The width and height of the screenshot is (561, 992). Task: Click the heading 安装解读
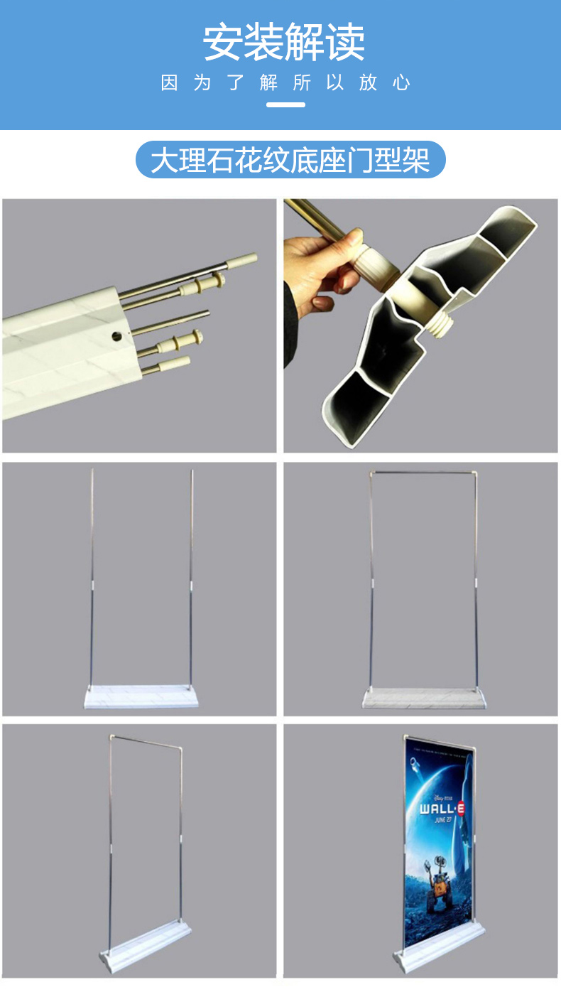(x=284, y=43)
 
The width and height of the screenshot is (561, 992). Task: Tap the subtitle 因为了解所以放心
(x=285, y=83)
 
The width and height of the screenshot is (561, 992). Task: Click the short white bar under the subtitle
(x=285, y=105)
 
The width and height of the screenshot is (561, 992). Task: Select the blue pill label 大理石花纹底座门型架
(x=290, y=159)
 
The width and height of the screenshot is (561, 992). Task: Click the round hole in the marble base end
(x=116, y=336)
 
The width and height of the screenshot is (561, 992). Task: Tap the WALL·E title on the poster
(x=442, y=809)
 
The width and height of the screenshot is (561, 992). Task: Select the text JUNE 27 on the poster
(x=443, y=820)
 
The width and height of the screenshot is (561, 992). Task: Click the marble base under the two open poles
(x=141, y=696)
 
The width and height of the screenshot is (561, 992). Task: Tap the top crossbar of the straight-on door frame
(x=423, y=473)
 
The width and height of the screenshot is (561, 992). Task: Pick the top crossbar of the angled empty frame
(x=146, y=742)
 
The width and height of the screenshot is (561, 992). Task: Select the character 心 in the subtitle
(x=401, y=83)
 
